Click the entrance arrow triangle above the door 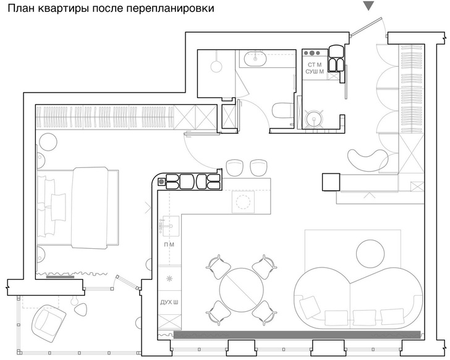click(368, 6)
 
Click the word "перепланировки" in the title click(170, 8)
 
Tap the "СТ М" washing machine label click(315, 65)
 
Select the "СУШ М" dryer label click(315, 72)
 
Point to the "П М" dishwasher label click(169, 245)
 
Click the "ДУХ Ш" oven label click(169, 303)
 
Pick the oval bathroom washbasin click(255, 59)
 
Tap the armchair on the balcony click(49, 324)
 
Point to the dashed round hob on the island click(243, 202)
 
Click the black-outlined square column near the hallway click(331, 182)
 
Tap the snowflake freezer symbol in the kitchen click(169, 278)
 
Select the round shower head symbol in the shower click(216, 66)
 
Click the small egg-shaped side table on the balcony click(80, 308)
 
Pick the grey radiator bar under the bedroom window click(60, 277)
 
